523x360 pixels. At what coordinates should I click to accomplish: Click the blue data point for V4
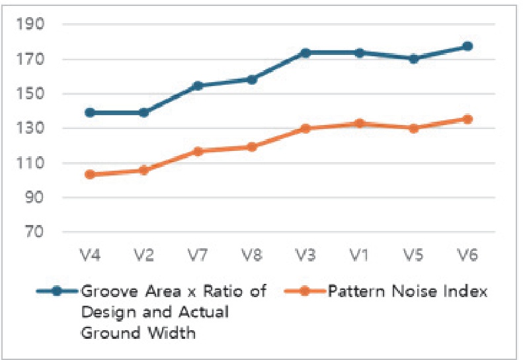[x=90, y=112]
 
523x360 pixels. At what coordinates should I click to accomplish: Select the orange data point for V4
[x=90, y=175]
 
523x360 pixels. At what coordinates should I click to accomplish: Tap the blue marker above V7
[x=198, y=86]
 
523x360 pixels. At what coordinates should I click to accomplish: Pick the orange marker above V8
[x=252, y=147]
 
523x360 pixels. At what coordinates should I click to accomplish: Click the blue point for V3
[x=305, y=52]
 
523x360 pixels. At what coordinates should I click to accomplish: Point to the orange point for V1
[x=360, y=123]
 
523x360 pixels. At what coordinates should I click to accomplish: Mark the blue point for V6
[x=467, y=46]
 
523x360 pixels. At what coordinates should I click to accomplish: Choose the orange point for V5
[x=413, y=128]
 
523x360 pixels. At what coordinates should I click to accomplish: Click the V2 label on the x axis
[x=143, y=255]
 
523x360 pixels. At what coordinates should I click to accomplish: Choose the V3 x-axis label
[x=305, y=255]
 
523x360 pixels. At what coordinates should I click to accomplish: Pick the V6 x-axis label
[x=467, y=255]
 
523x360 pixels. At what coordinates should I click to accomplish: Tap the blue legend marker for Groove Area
[x=56, y=292]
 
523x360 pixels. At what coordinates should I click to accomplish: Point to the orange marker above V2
[x=143, y=171]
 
